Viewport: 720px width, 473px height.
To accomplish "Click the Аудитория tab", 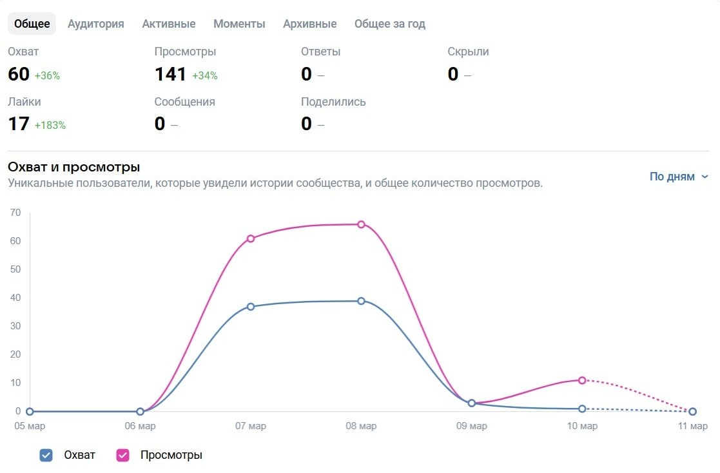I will coord(95,24).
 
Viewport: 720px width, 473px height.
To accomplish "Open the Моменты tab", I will coord(239,24).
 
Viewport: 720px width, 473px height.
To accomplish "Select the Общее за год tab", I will coord(389,24).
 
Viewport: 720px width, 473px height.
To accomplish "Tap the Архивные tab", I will coord(309,24).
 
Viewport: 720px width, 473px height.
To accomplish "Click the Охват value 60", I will coord(19,75).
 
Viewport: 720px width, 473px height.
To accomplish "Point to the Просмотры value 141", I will coord(170,75).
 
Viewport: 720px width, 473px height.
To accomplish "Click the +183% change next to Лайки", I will coord(50,125).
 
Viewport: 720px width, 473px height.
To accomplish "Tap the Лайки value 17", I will coord(19,124).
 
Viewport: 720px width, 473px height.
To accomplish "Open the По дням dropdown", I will coord(679,177).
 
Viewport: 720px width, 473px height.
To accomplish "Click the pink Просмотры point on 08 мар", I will coord(361,224).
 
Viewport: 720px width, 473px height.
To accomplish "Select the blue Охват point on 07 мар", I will coord(251,307).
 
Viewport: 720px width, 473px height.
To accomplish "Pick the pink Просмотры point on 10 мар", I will coord(582,380).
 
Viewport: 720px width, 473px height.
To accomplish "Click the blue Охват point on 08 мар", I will coord(361,301).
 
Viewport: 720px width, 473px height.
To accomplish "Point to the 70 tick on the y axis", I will coord(15,213).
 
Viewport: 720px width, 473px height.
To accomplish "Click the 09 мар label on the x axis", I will coord(471,426).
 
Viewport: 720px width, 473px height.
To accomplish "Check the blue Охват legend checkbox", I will coord(46,455).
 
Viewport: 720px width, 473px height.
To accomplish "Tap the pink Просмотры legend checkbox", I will coord(122,455).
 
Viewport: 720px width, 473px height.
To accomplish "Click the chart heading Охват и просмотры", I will coord(73,167).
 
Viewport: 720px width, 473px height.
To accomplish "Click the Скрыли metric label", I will coord(468,52).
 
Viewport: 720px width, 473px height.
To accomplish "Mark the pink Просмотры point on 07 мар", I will coord(251,238).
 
